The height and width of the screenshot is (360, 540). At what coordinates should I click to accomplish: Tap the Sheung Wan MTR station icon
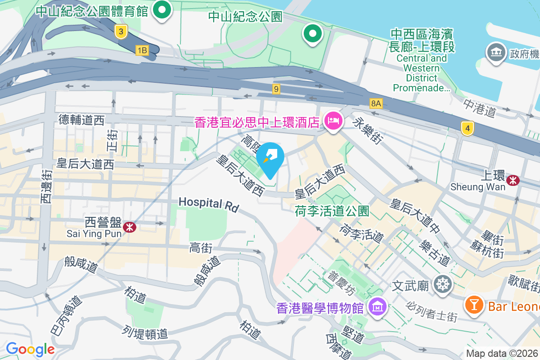pos(512,180)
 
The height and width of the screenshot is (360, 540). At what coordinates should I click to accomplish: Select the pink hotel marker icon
pos(333,121)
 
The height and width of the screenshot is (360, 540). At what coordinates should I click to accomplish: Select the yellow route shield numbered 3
pos(121,31)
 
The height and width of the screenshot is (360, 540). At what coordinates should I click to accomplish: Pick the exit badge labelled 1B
pos(142,50)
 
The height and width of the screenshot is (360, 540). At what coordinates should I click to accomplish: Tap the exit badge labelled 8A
pos(376,104)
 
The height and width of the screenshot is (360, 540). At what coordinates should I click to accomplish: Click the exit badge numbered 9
pos(276,89)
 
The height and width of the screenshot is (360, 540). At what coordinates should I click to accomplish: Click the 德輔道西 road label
pos(81,120)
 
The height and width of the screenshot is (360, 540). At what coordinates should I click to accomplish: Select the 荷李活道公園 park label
pos(332,211)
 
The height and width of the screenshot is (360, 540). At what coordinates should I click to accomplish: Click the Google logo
pos(30,349)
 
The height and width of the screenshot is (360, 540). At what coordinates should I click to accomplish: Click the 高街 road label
pos(201,247)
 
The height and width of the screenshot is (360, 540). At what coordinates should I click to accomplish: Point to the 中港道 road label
pos(480,108)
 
